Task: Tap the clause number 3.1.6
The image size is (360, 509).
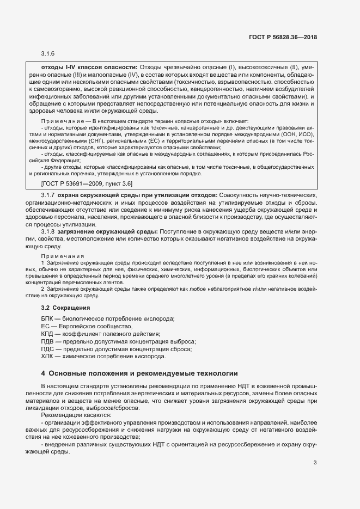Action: (x=48, y=54)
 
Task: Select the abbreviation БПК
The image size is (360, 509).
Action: (x=47, y=318)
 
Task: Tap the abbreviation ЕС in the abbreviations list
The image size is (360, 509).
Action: (x=45, y=326)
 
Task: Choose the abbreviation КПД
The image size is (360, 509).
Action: (x=47, y=333)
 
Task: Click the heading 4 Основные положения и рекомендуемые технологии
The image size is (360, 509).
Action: (x=139, y=373)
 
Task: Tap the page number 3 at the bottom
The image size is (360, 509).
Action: (x=315, y=447)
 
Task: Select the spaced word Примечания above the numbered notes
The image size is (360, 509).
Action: (x=63, y=256)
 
